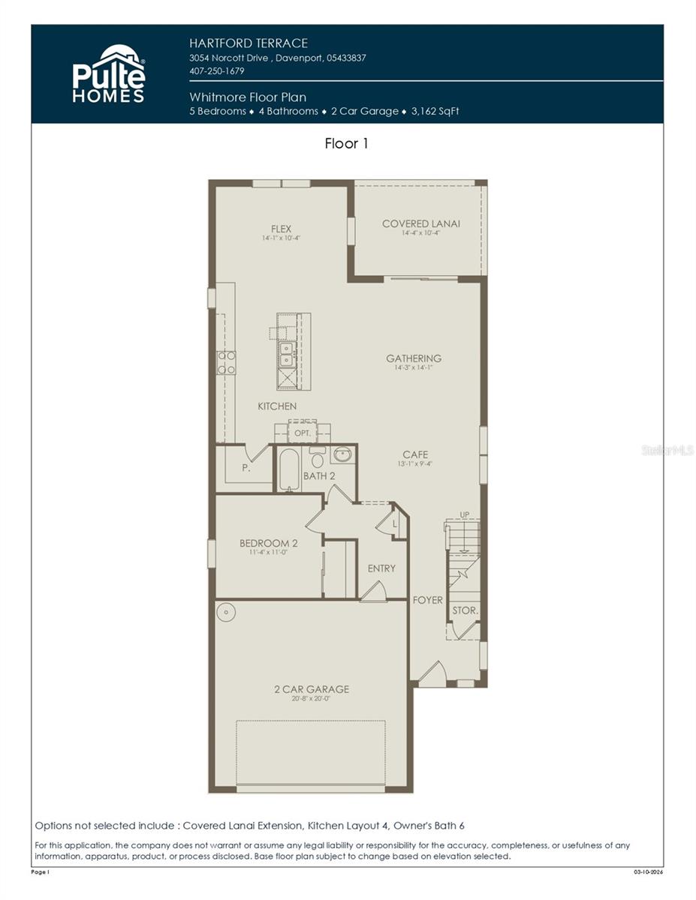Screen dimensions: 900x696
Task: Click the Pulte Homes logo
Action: click(108, 73)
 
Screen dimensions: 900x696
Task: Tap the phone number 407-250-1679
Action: click(217, 71)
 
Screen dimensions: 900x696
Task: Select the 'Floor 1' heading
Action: click(346, 143)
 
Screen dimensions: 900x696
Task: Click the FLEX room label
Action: click(281, 229)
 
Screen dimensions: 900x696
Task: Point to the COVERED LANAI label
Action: click(420, 223)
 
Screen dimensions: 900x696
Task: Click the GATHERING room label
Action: click(414, 358)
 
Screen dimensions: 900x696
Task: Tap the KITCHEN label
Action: click(277, 406)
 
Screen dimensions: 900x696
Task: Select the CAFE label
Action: click(415, 454)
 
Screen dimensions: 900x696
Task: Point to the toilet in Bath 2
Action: click(317, 458)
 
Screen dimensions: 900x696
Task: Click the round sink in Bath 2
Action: click(342, 454)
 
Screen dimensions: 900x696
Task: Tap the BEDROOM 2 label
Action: click(268, 543)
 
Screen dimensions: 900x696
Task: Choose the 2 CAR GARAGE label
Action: click(311, 689)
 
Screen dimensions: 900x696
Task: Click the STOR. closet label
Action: click(465, 610)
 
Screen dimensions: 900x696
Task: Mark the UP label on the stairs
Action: click(464, 514)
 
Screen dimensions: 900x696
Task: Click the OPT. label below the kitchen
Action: click(302, 433)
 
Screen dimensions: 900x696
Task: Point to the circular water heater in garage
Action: click(226, 612)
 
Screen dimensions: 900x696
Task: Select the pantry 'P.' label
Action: click(245, 468)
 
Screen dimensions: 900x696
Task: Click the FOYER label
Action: click(427, 600)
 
